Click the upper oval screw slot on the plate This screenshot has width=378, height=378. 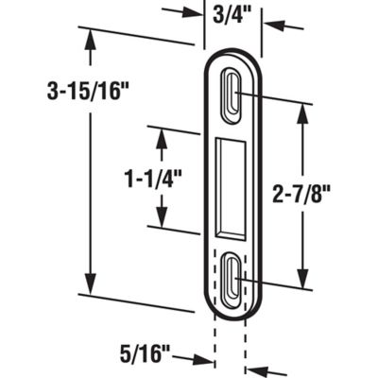click(x=232, y=94)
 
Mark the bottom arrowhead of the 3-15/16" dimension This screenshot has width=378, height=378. click(x=91, y=288)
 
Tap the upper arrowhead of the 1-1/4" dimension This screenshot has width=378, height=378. click(x=160, y=136)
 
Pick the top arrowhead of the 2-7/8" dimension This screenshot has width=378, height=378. click(x=302, y=108)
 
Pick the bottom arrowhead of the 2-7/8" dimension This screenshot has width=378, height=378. click(x=302, y=283)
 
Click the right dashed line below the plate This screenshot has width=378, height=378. click(x=246, y=340)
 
